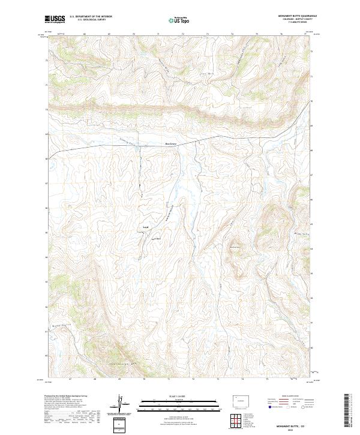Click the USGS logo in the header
(x=55, y=19)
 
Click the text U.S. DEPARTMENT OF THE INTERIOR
(x=91, y=17)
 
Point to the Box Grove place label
(x=172, y=144)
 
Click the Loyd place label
(x=146, y=227)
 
